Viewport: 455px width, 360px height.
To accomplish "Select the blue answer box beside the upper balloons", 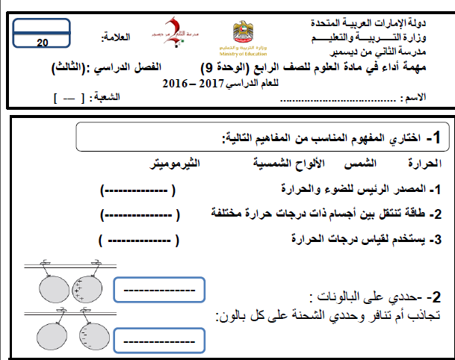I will point(158,290).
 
